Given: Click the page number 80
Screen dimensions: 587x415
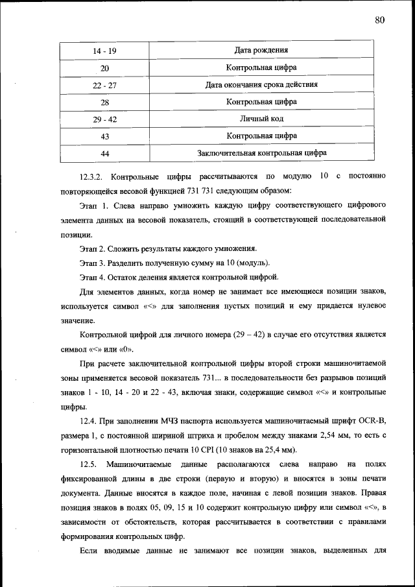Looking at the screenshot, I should pyautogui.click(x=380, y=20).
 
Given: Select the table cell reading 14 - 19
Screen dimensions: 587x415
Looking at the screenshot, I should pyautogui.click(x=105, y=51).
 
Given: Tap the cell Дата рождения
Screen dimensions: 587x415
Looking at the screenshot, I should pyautogui.click(x=261, y=50).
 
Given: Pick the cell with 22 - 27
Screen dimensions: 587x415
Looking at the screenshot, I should pyautogui.click(x=105, y=85).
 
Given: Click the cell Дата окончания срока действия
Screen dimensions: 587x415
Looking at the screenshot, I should pyautogui.click(x=261, y=84).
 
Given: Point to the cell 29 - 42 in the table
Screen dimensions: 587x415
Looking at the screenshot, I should pyautogui.click(x=105, y=119).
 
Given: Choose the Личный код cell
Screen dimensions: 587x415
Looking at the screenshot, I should pyautogui.click(x=261, y=119).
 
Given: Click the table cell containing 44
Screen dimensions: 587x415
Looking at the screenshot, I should pyautogui.click(x=105, y=154).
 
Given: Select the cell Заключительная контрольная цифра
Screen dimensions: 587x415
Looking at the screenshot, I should pyautogui.click(x=261, y=153).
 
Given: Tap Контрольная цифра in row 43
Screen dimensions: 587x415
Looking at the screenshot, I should pyautogui.click(x=261, y=136).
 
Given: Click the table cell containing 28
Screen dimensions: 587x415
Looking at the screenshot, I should pyautogui.click(x=105, y=102).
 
